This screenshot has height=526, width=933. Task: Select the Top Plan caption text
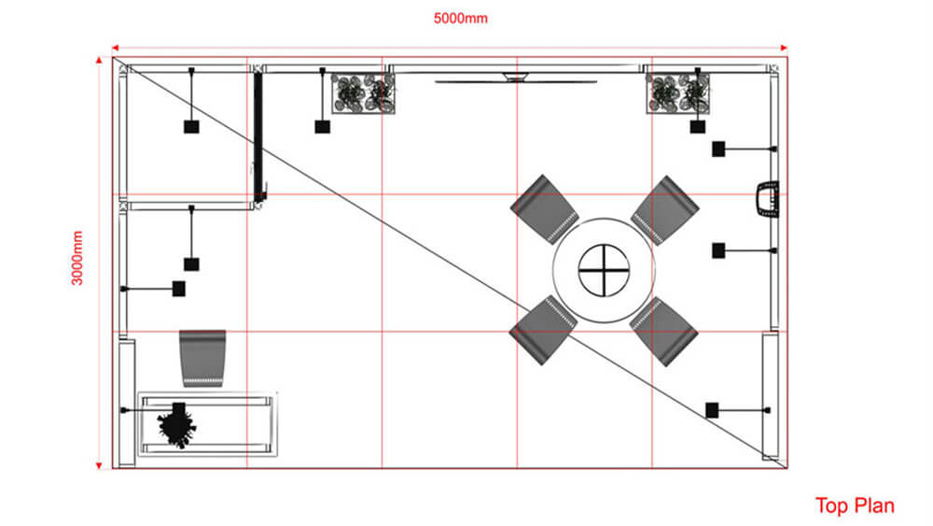855,505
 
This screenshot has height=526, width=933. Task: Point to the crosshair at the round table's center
602,272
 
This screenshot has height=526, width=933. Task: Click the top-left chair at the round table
544,207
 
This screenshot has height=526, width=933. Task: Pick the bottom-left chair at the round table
543,330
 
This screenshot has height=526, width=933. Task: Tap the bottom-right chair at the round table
664,331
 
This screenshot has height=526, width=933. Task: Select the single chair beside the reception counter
203,358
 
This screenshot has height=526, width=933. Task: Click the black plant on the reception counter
176,425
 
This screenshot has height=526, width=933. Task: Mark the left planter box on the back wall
363,93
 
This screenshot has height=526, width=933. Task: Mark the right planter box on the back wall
678,93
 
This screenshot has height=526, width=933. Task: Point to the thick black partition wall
258,135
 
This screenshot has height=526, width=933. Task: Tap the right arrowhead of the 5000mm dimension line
785,46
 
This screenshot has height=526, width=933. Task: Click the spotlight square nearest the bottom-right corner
712,409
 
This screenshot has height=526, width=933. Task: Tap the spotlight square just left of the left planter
322,126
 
